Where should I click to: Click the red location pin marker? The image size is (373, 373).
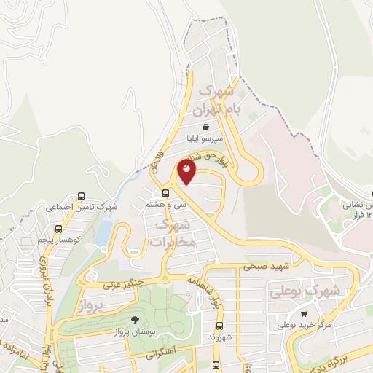click(x=187, y=172)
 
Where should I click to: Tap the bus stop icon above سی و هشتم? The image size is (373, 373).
click(x=166, y=193)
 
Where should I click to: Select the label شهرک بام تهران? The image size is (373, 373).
click(x=216, y=101)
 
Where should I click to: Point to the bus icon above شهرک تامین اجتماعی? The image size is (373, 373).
click(x=81, y=196)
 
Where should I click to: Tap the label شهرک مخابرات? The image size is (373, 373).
click(x=176, y=235)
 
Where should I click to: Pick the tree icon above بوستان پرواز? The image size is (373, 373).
click(x=133, y=321)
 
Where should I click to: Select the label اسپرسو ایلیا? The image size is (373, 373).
click(x=206, y=137)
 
